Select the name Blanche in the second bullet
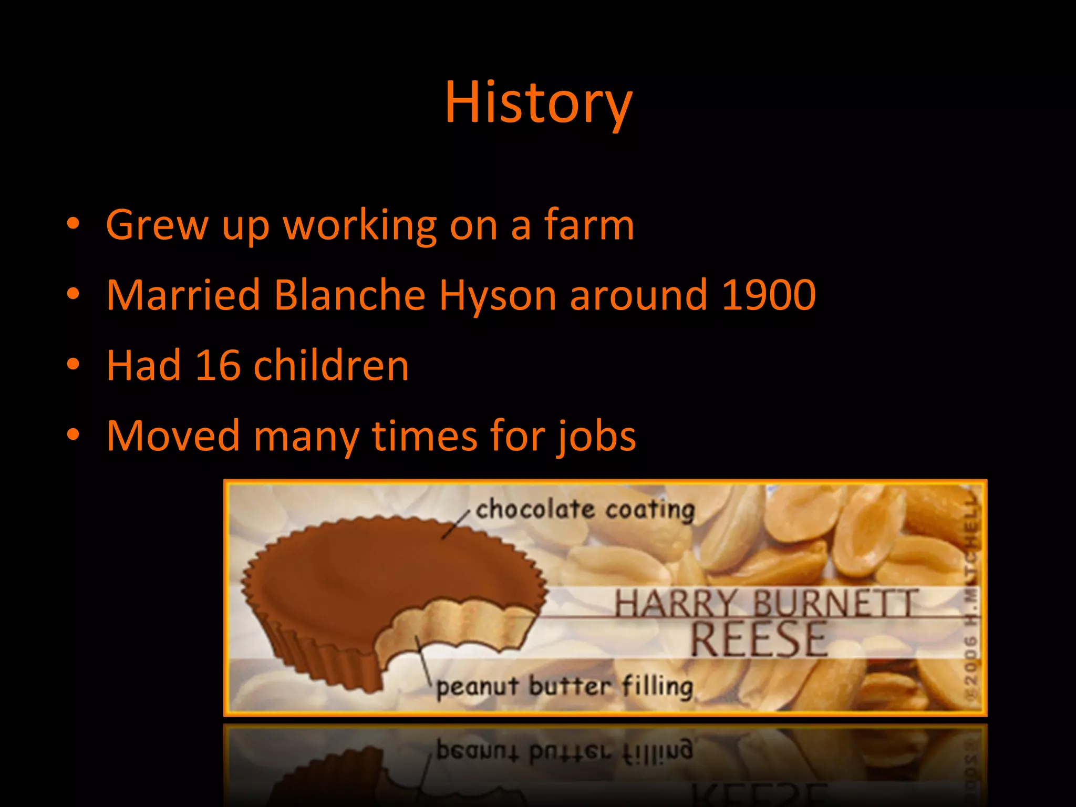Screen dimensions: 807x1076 point(349,295)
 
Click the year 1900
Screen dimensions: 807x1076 point(768,295)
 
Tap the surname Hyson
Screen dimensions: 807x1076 point(498,295)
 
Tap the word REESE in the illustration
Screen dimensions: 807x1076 point(758,639)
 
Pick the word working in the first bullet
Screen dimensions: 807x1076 point(360,225)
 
